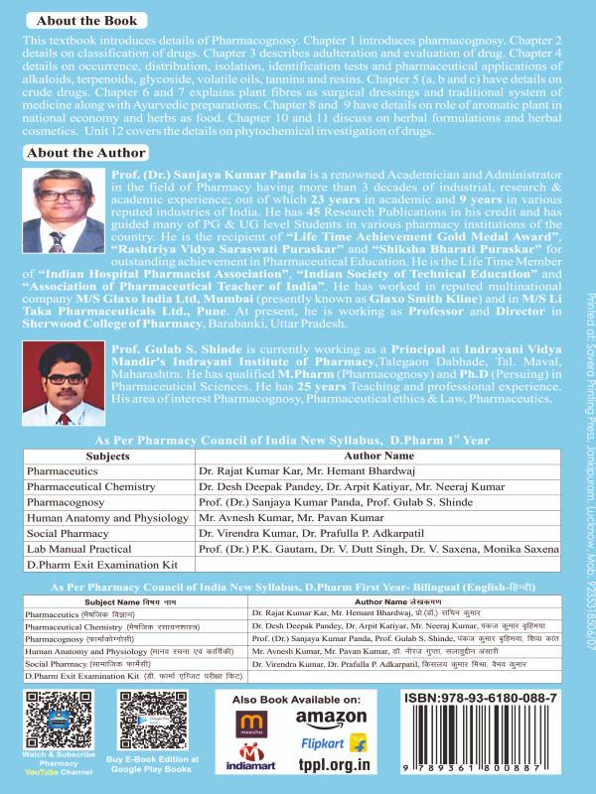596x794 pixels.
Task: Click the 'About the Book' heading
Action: coord(77,19)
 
